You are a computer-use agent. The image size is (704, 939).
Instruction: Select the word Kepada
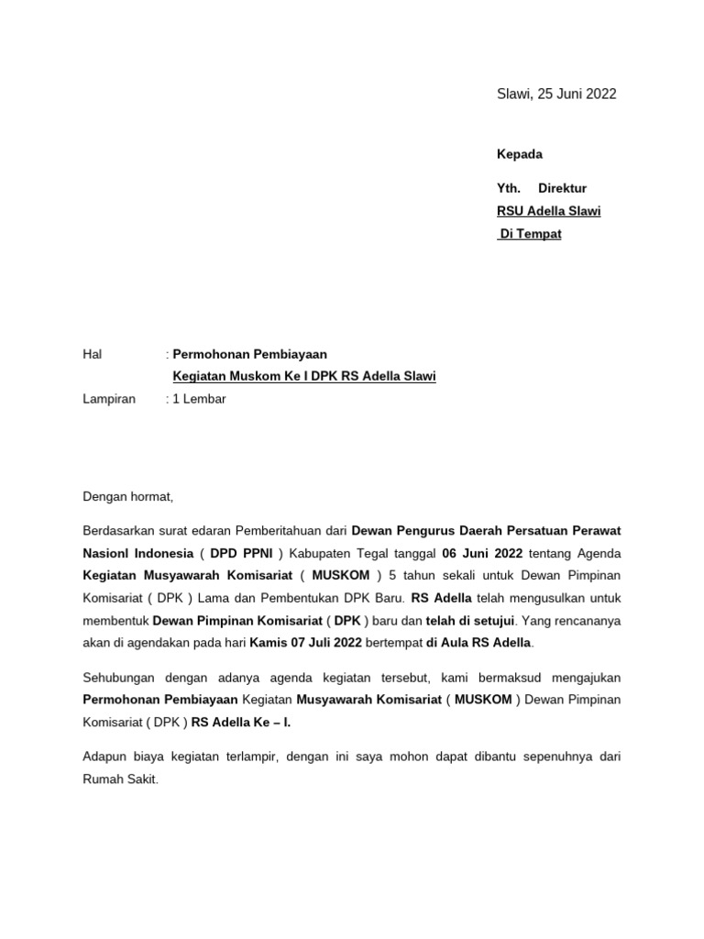tap(520, 154)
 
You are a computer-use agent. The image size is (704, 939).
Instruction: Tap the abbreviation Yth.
tap(509, 189)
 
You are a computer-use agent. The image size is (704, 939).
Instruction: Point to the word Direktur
tap(562, 189)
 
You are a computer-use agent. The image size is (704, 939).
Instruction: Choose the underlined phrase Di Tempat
tap(531, 234)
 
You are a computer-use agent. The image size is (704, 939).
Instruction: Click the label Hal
tap(92, 354)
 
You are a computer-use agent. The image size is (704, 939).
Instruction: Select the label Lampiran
tap(109, 399)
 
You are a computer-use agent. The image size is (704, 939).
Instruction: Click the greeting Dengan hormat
tap(127, 497)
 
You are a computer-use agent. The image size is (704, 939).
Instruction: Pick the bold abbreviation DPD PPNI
tap(241, 554)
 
